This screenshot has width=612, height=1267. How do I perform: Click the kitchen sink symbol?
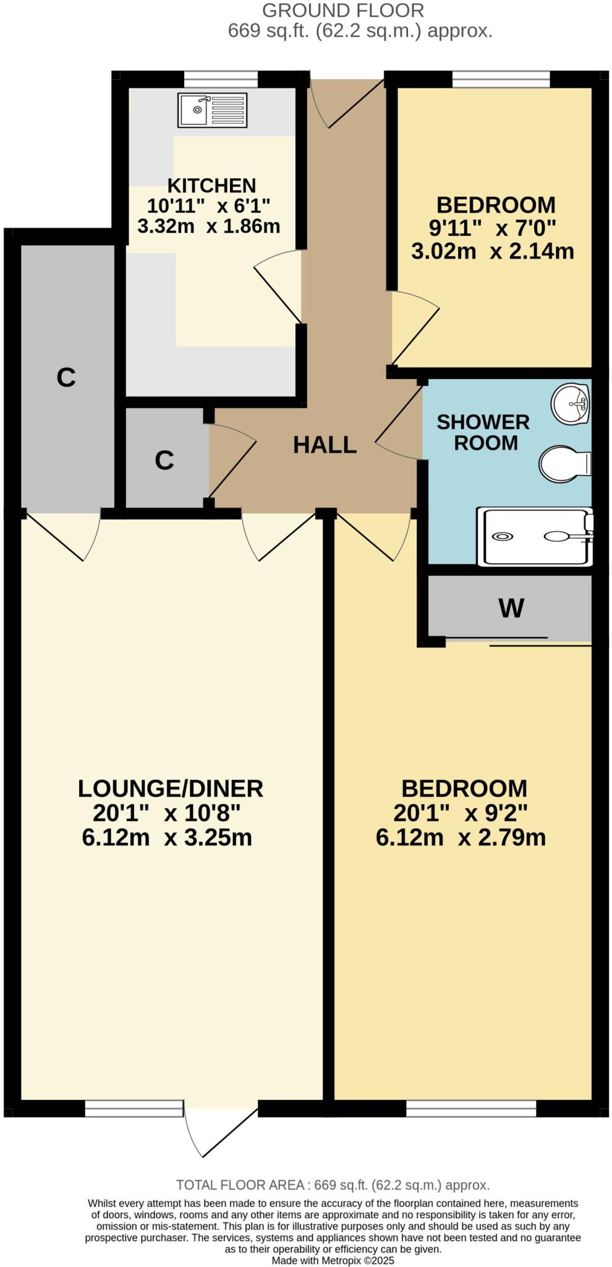pos(212,110)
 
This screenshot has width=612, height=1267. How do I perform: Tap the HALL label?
pos(325,445)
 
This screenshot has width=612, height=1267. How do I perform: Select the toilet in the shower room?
pos(564,464)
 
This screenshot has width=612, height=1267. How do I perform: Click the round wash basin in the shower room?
pos(570,404)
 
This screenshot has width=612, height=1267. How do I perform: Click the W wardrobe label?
pos(511,608)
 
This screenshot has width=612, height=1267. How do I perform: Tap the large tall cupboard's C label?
pos(66,377)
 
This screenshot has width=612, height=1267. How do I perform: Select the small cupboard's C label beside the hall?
pos(164,460)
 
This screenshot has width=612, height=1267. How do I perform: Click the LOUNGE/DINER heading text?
pos(171,789)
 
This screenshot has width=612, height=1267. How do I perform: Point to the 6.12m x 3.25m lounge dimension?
pos(167,838)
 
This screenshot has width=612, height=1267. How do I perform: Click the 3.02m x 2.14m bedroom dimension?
pos(493,251)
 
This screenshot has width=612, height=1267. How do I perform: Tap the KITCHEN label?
pos(211,185)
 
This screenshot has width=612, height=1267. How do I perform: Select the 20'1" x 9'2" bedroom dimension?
pos(461,812)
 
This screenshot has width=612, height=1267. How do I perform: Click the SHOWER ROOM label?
pos(483,432)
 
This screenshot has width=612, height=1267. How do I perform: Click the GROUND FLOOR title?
pos(343,11)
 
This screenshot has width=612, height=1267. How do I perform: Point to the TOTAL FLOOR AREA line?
pos(333,1185)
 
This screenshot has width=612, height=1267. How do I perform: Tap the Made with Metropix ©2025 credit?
pos(333,1260)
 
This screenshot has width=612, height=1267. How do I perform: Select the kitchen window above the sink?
pos(221,79)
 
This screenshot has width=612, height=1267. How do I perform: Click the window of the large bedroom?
pos(471,1108)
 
